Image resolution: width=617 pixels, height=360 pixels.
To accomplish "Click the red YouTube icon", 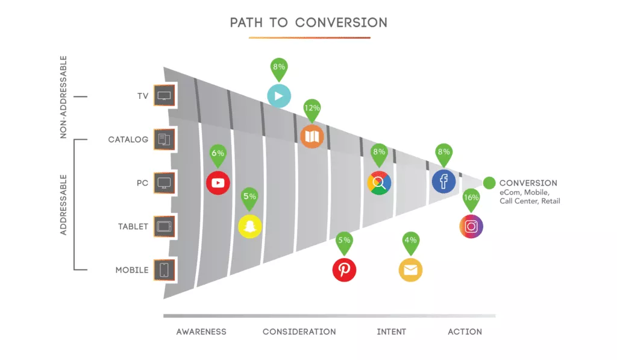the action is tap(218, 183).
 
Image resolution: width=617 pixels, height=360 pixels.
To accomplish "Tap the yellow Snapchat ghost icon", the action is tap(250, 227).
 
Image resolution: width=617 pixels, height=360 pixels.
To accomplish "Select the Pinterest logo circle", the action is tap(344, 270).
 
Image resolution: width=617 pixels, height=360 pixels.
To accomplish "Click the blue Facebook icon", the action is tap(444, 182).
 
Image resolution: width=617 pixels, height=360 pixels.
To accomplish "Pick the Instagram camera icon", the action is tap(471, 227).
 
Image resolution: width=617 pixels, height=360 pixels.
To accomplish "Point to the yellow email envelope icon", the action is tap(410, 270).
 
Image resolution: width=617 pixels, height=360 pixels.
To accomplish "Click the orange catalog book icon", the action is tap(312, 137).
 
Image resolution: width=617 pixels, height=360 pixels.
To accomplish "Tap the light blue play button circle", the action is tap(279, 96).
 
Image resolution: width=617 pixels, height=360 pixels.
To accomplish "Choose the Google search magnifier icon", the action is tap(380, 183).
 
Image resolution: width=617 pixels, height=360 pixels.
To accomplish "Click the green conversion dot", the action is tap(489, 183).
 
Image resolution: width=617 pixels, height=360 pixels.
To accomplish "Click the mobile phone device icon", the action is tap(164, 270).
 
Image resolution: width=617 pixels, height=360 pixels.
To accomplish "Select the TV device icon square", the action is tap(164, 96).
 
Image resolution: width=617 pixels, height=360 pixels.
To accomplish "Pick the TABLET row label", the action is tap(133, 227).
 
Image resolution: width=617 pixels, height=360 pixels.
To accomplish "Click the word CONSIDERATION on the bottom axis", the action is tap(299, 332).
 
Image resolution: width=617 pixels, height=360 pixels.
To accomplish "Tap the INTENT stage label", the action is tap(392, 332).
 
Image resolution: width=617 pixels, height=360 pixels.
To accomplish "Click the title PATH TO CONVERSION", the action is tap(309, 22).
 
